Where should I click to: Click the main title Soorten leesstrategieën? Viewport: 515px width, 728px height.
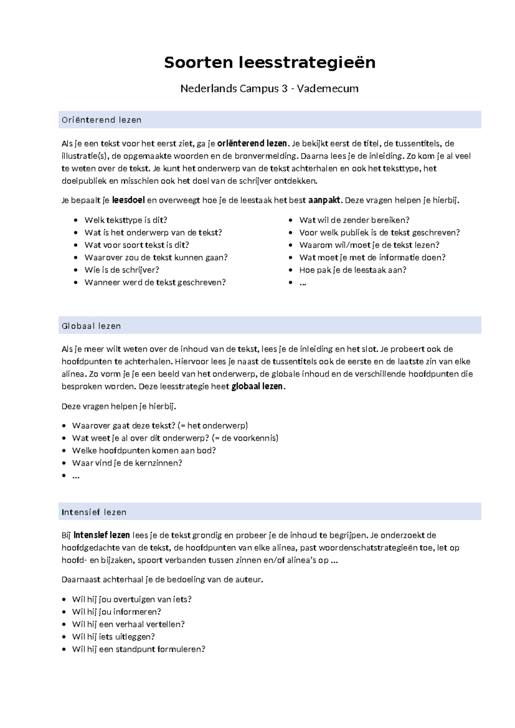point(270,63)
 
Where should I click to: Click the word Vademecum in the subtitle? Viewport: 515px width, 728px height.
point(327,89)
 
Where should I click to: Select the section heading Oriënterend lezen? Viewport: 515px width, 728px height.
point(102,120)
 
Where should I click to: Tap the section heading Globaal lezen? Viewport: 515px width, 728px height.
point(91,326)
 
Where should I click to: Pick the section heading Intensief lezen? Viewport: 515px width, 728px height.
point(94,512)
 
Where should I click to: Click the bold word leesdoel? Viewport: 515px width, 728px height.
point(128,200)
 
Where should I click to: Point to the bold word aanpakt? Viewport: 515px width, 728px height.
point(324,200)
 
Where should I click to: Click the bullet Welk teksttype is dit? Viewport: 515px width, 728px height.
point(126,220)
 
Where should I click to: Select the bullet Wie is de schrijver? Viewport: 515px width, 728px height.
point(122,270)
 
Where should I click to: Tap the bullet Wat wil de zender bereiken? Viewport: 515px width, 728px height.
point(354,220)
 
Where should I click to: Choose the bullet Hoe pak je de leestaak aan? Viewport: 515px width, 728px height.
point(352,270)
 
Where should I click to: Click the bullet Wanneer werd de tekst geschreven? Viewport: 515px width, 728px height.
point(155,282)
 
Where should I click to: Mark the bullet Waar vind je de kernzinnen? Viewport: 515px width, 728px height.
point(127,463)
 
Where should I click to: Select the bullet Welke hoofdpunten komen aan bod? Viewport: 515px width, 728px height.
point(144,451)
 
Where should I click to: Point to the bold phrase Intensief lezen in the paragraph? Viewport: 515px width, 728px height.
point(102,535)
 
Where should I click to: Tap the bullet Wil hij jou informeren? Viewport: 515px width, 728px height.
point(116,612)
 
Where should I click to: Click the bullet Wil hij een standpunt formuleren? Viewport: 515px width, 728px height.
point(139,649)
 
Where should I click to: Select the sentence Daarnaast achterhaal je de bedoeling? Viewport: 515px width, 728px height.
point(162,579)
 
